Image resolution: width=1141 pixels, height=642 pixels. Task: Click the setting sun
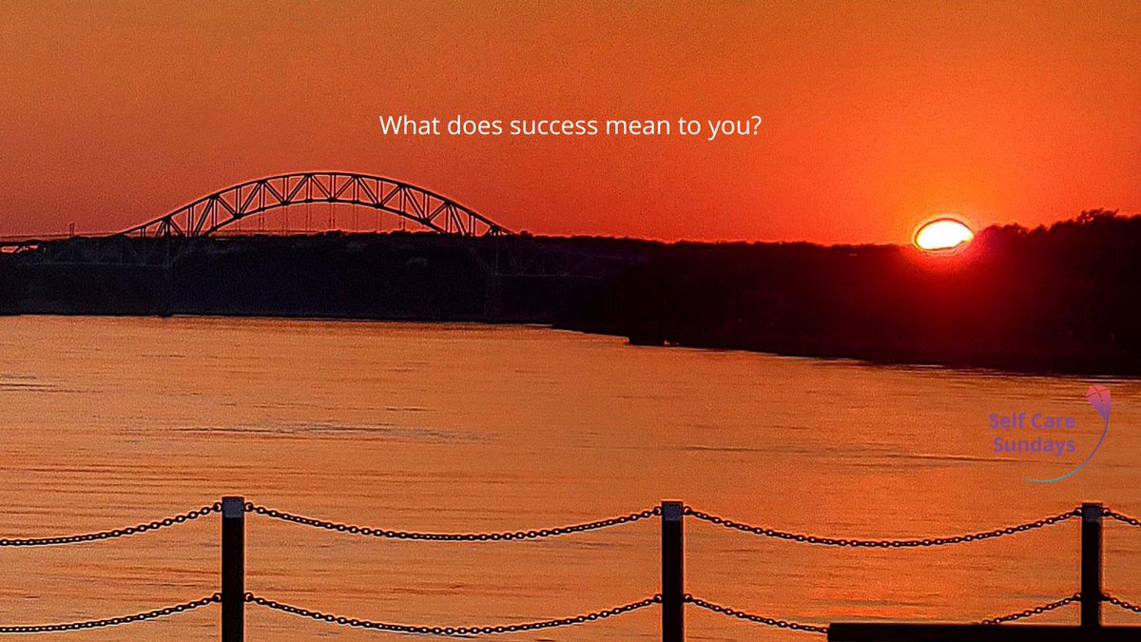click(x=942, y=234)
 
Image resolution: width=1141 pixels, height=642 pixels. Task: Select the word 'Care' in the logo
click(x=1056, y=420)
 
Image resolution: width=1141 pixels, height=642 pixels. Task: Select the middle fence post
click(x=672, y=571)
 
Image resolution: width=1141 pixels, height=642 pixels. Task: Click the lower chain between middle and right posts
click(x=761, y=614)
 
